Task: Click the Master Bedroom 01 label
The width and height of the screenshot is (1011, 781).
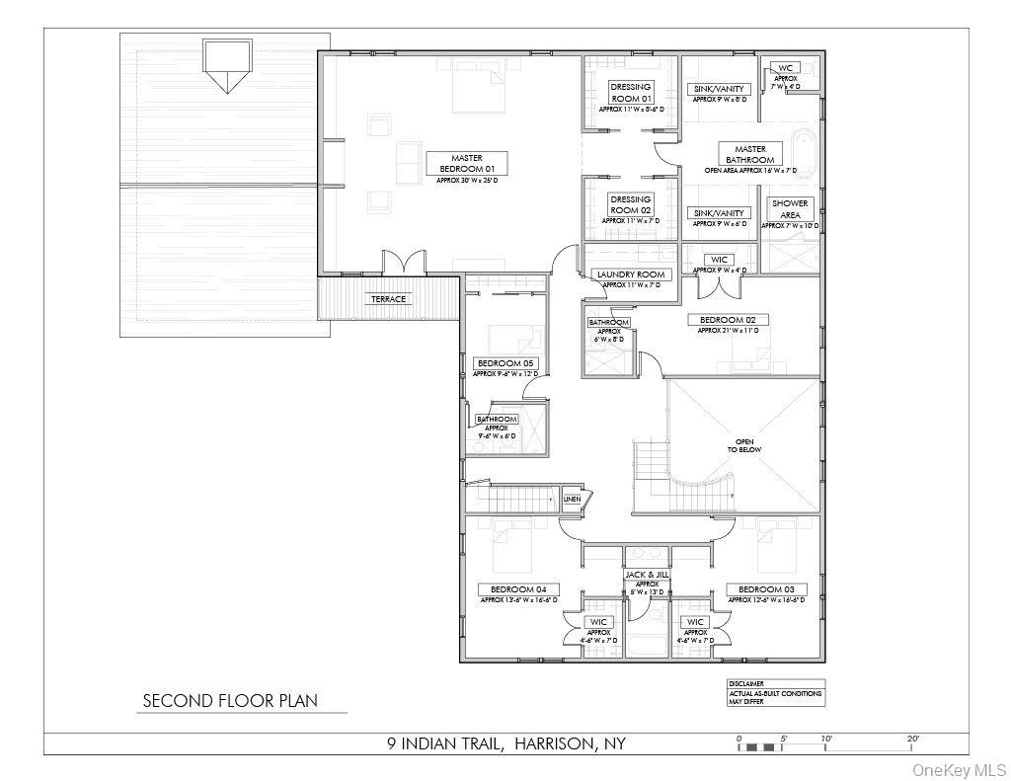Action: (x=466, y=163)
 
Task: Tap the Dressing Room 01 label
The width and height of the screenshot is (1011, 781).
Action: (x=631, y=93)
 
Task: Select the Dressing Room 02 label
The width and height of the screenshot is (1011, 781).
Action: (x=631, y=204)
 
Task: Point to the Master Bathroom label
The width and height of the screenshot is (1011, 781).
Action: (x=750, y=154)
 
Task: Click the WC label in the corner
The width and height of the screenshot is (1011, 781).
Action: (x=786, y=68)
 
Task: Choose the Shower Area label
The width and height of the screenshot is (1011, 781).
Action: (x=791, y=208)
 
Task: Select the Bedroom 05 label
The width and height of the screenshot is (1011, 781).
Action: (x=504, y=363)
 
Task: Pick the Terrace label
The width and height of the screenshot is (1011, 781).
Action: (x=388, y=299)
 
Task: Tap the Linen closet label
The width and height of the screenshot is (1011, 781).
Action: (x=572, y=500)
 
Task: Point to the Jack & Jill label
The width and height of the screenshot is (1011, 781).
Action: (x=647, y=574)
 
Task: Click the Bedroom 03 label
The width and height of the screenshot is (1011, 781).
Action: (x=766, y=589)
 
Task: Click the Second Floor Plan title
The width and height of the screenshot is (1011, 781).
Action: (x=230, y=701)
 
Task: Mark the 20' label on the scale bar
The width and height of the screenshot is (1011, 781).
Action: (x=912, y=739)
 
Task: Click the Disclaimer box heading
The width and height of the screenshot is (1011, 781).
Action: (x=745, y=683)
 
